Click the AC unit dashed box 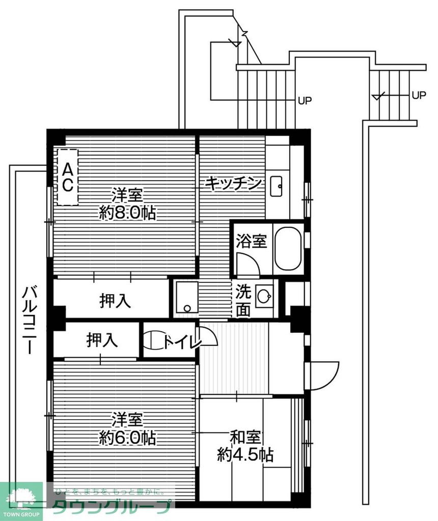67,177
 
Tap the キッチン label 234,183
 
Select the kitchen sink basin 278,186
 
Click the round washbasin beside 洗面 264,296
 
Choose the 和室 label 245,437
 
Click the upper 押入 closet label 115,301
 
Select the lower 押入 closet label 102,340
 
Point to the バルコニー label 30,321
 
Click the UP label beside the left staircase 305,100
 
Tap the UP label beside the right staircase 419,95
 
